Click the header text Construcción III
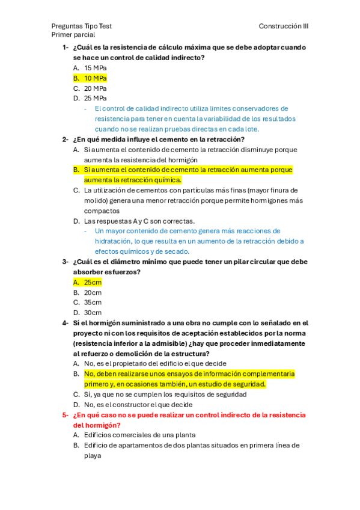pyautogui.click(x=284, y=26)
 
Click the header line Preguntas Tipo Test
pyautogui.click(x=81, y=26)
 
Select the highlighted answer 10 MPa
pyautogui.click(x=95, y=78)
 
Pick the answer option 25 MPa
pyautogui.click(x=95, y=98)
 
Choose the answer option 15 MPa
pyautogui.click(x=95, y=68)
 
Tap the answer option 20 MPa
pyautogui.click(x=95, y=88)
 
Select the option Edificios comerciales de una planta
pyautogui.click(x=139, y=435)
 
